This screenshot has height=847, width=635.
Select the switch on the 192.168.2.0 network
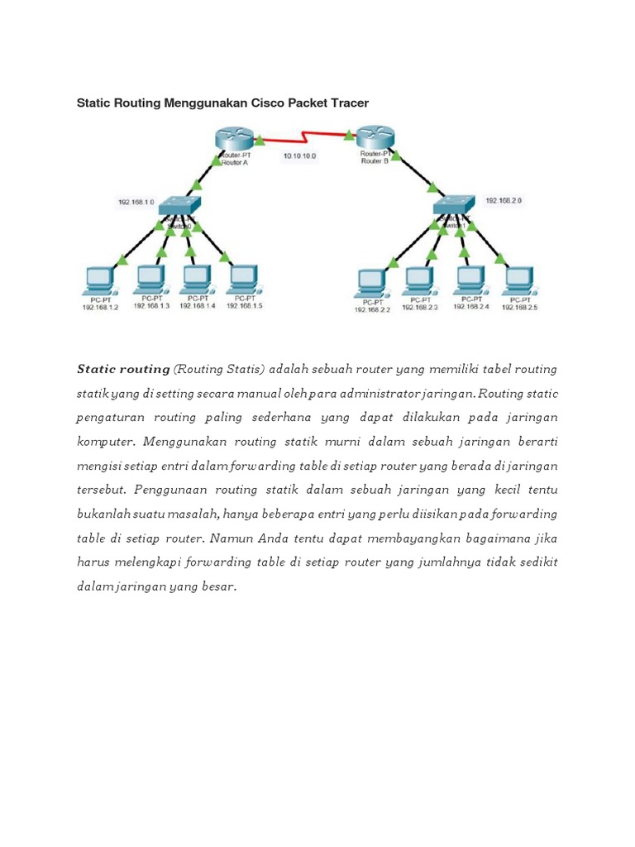coord(454,205)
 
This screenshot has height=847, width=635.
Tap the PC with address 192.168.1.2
coord(101,280)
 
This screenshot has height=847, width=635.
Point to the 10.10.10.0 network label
coord(299,156)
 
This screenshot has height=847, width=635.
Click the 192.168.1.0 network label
coord(135,201)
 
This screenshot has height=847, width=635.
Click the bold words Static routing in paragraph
coord(123,369)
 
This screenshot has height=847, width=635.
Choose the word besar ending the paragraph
coord(217,587)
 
